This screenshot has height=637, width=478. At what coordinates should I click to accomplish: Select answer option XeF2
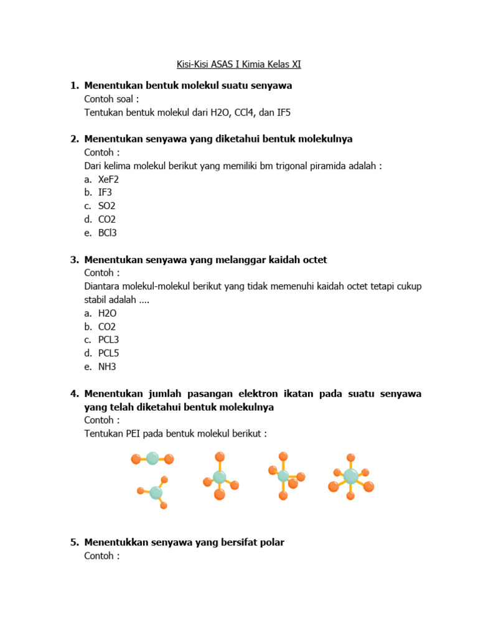click(108, 179)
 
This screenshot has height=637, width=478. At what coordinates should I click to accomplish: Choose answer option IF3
click(105, 192)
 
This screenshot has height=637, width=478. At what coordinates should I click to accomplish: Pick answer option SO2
click(107, 206)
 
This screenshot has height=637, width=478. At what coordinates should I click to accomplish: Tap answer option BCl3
click(108, 233)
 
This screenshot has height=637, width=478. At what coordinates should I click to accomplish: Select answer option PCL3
click(108, 340)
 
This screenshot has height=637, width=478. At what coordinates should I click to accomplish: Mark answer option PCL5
click(108, 353)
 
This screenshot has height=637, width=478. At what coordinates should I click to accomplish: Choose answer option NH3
click(107, 366)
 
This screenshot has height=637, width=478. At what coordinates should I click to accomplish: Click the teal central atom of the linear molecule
click(152, 459)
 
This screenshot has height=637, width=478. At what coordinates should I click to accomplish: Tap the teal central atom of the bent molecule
click(156, 493)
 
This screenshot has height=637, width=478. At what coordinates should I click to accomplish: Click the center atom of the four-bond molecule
click(220, 477)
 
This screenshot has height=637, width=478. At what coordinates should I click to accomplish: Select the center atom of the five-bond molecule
click(283, 476)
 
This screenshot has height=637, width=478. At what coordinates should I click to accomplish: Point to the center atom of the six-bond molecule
click(350, 477)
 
